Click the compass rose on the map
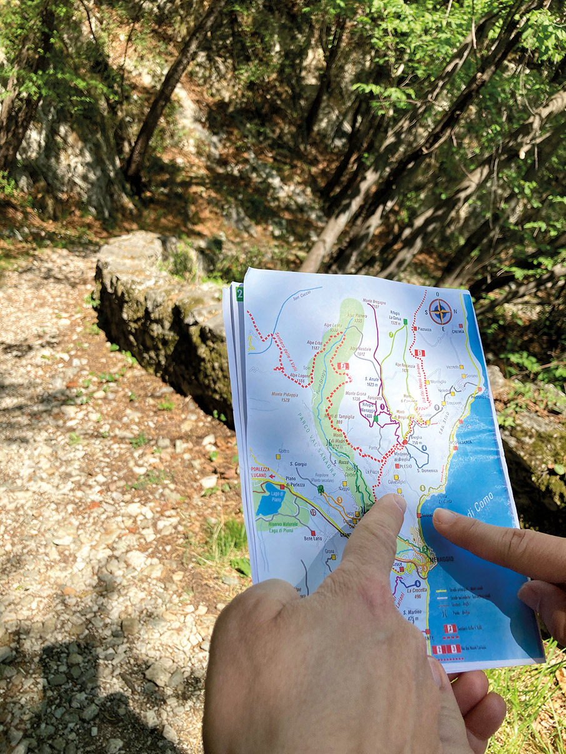click(440, 311)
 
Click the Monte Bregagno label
click(373, 303)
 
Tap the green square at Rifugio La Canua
click(405, 322)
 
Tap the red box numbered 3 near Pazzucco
click(419, 353)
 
